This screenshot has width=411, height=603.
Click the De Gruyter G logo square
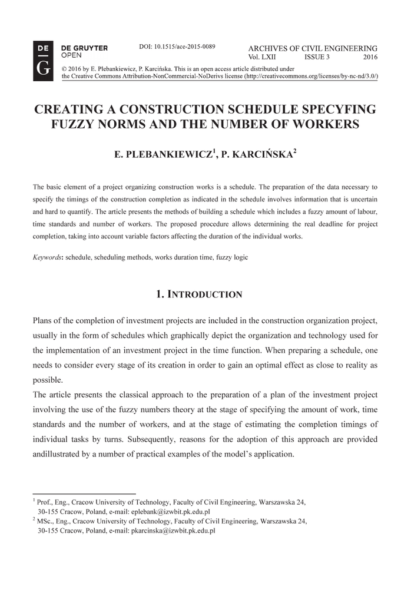pos(43,60)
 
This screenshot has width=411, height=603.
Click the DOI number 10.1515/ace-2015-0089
pos(177,46)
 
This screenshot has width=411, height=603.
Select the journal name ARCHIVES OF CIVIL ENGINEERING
pos(313,48)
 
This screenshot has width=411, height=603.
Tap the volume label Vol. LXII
pos(262,57)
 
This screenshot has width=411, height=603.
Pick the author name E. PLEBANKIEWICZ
pos(163,155)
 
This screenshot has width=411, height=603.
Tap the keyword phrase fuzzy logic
pos(232,257)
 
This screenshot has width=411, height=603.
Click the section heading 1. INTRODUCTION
pos(199,294)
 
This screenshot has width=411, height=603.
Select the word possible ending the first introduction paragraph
pos(47,380)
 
